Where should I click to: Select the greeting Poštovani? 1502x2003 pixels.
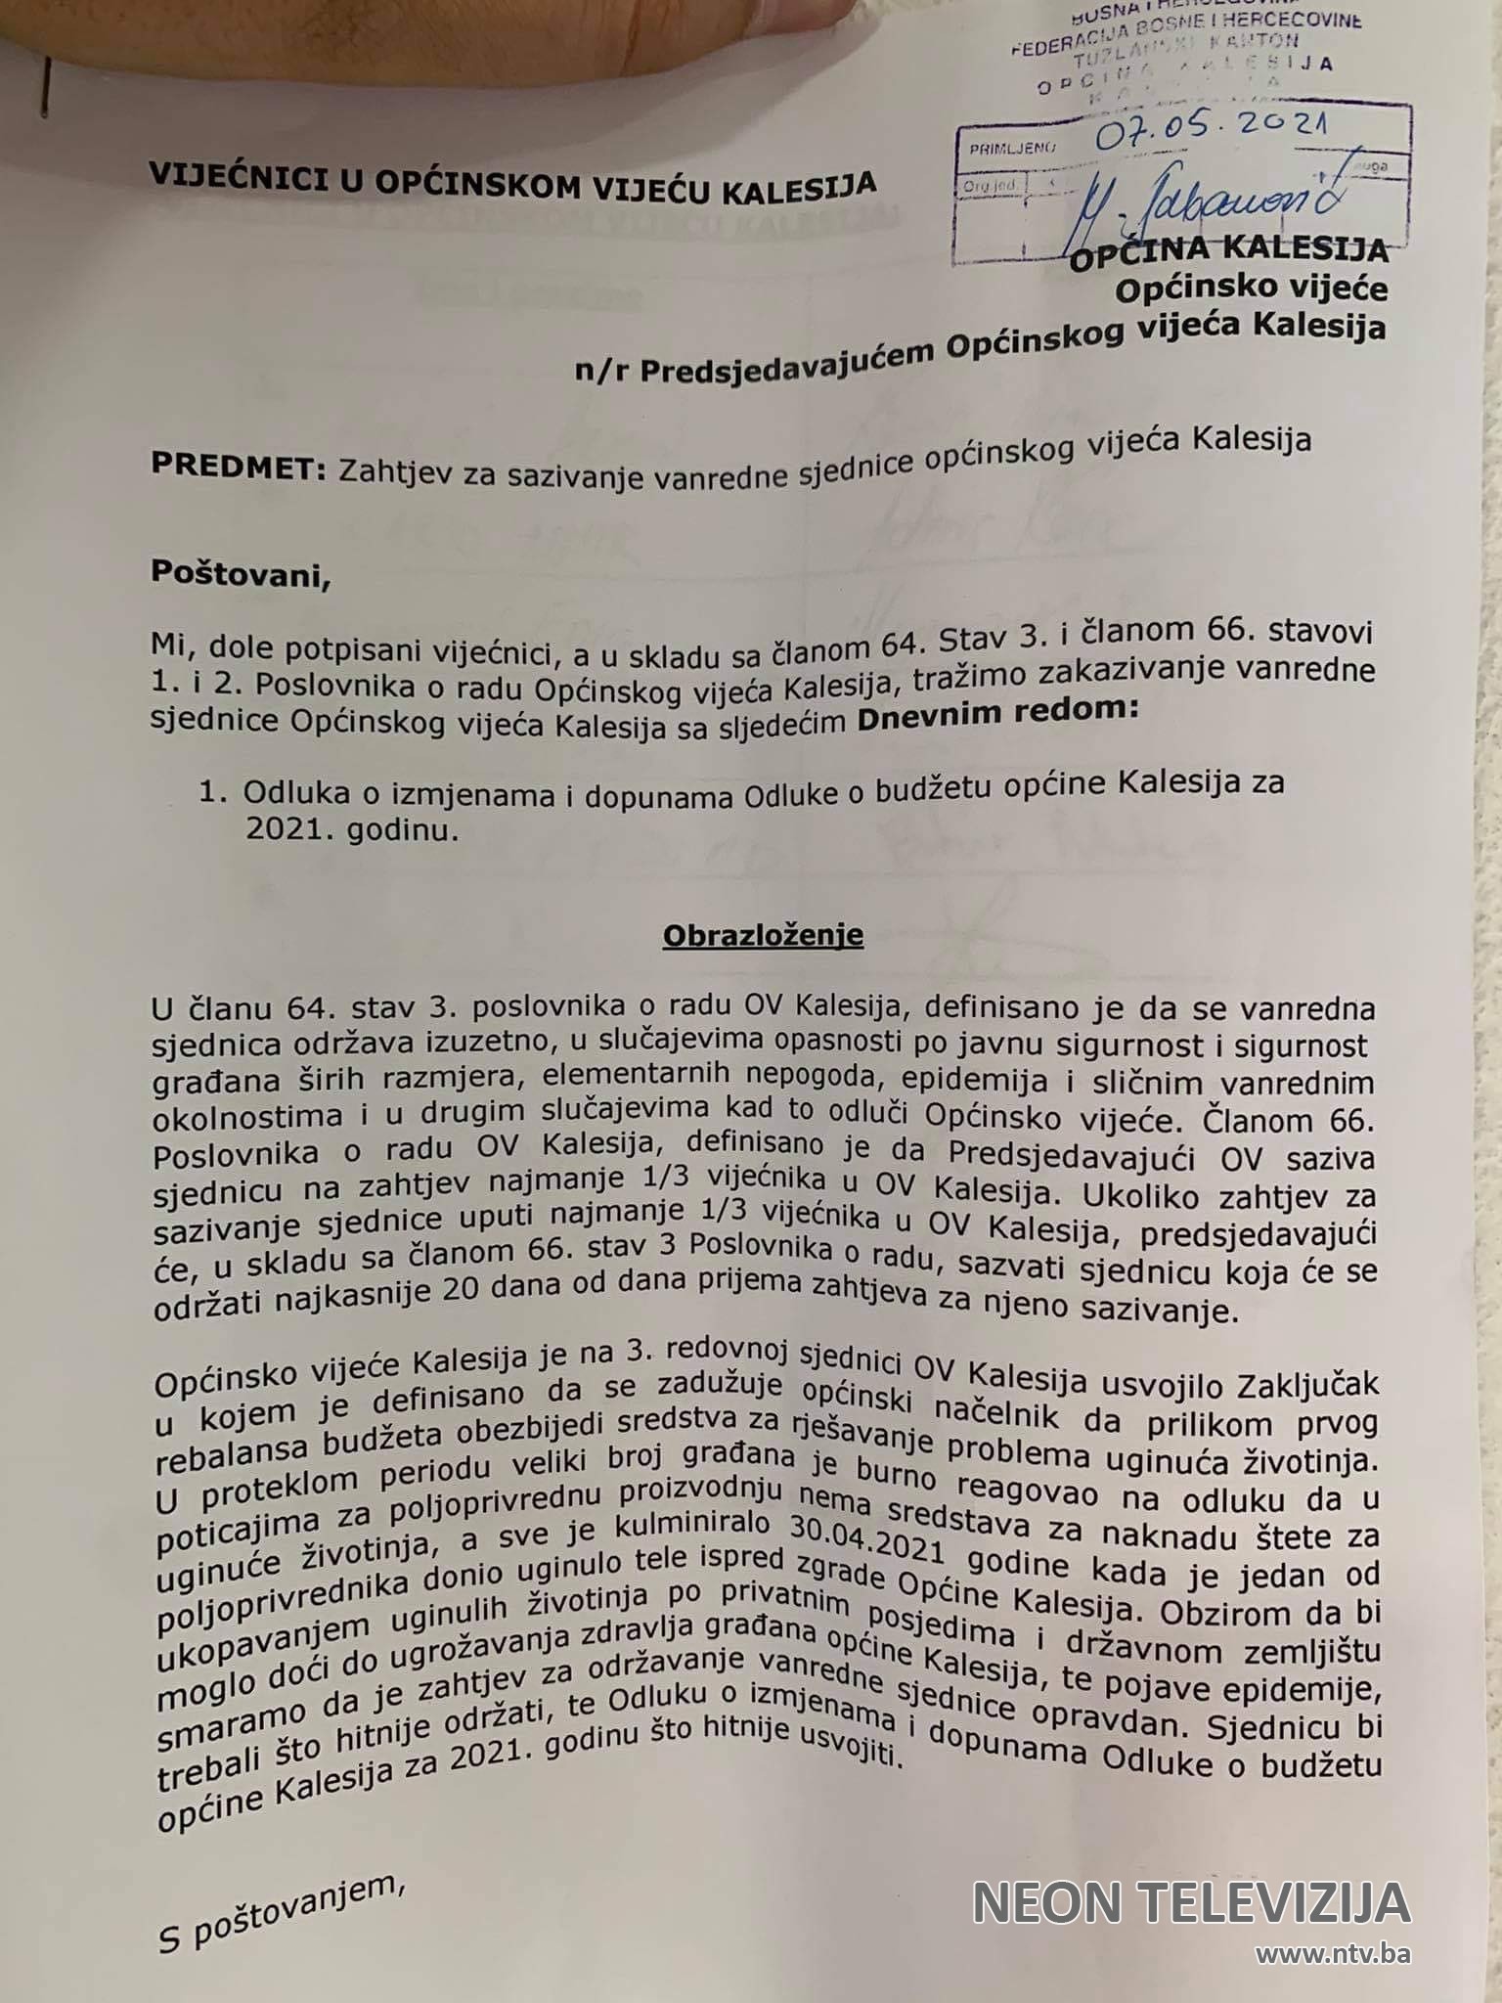pyautogui.click(x=241, y=573)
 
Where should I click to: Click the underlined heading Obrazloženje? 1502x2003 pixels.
pyautogui.click(x=763, y=935)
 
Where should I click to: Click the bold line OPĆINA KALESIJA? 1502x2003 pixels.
pyautogui.click(x=1228, y=252)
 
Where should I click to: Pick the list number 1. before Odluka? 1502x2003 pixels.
pyautogui.click(x=213, y=792)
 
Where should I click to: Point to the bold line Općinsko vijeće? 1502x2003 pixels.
pyautogui.click(x=1252, y=289)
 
